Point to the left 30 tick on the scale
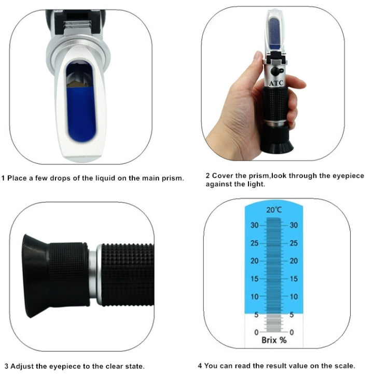254,225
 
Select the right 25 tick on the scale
294,243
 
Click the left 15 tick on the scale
254,279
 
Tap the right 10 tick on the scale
294,297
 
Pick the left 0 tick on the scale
255,332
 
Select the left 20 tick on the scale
254,261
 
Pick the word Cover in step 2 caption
223,176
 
